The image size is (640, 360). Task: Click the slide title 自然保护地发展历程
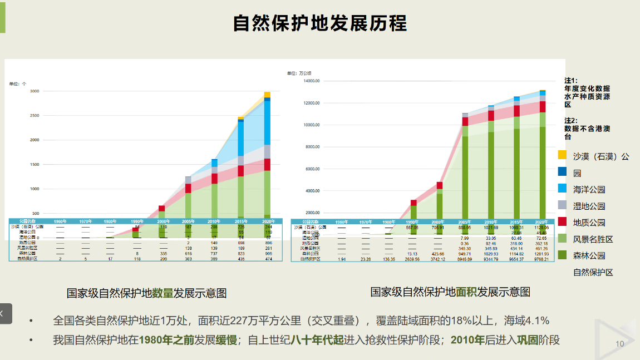pyautogui.click(x=319, y=23)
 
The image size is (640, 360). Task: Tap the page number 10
pyautogui.click(x=620, y=344)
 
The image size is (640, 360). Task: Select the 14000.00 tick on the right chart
pyautogui.click(x=312, y=81)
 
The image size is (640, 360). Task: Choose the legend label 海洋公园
pyautogui.click(x=589, y=190)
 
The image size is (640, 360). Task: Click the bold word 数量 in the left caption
pyautogui.click(x=163, y=293)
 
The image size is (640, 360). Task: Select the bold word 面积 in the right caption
pyautogui.click(x=466, y=292)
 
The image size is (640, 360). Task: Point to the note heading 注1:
pyautogui.click(x=571, y=80)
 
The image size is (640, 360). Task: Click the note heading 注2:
pyautogui.click(x=571, y=120)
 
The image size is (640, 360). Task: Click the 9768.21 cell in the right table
pyautogui.click(x=542, y=259)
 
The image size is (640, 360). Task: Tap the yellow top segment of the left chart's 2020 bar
pyautogui.click(x=267, y=95)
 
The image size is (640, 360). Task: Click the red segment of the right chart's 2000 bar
pyautogui.click(x=440, y=185)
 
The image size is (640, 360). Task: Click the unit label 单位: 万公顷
pyautogui.click(x=299, y=73)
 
